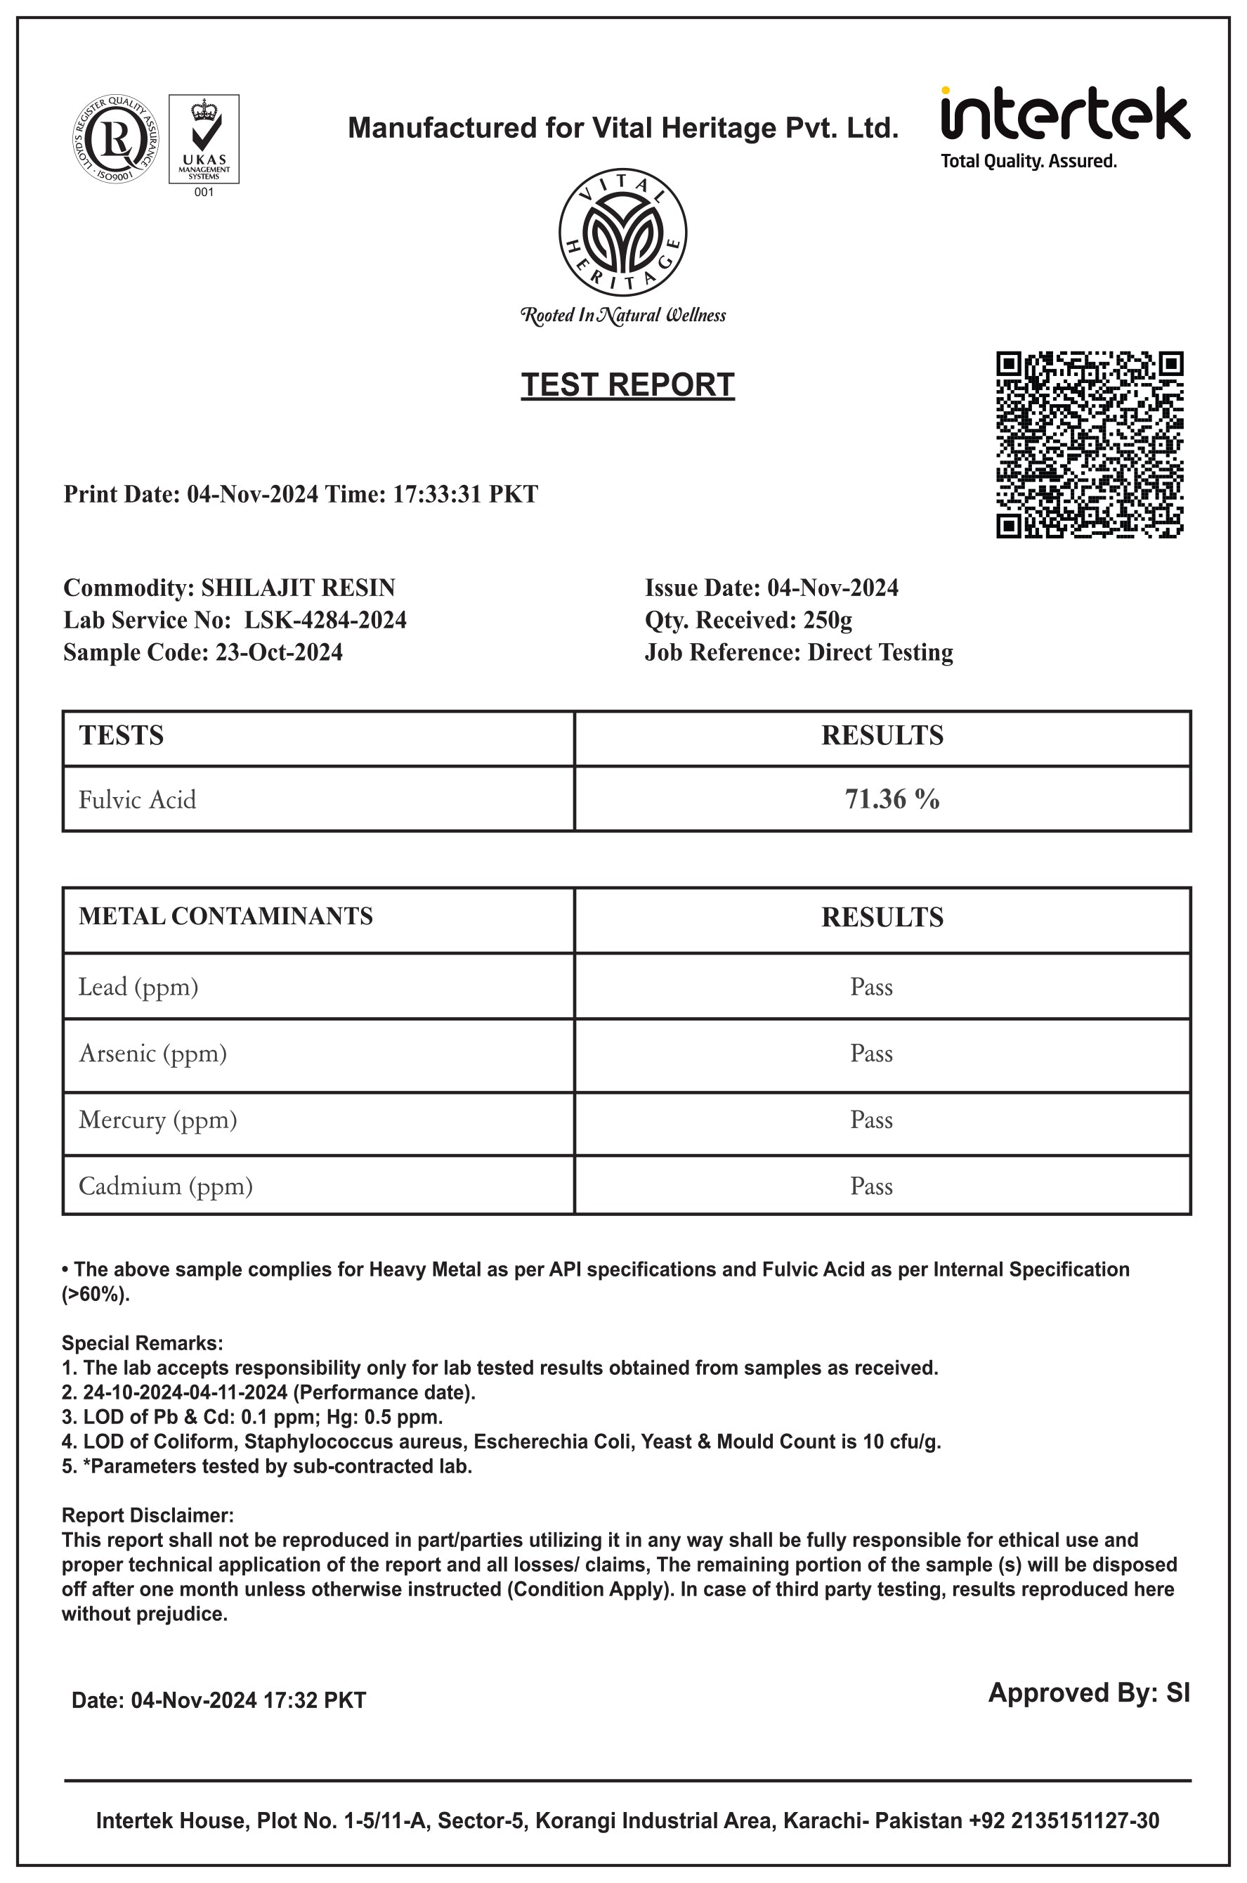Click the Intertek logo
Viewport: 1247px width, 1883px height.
(x=1065, y=127)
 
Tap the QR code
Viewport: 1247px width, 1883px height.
(x=1090, y=444)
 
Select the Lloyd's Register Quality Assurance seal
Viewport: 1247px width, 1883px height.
(x=115, y=139)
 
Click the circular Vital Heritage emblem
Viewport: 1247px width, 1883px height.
(x=622, y=232)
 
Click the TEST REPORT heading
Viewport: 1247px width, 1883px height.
(x=627, y=385)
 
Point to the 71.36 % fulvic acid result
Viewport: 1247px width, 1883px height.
(x=892, y=798)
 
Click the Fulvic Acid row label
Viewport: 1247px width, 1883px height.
(x=137, y=799)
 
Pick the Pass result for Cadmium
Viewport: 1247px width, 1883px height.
(x=872, y=1186)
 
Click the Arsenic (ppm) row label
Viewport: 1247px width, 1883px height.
(x=152, y=1054)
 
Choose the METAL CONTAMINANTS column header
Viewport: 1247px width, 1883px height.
(x=225, y=917)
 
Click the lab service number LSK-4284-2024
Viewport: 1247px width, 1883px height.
(x=325, y=620)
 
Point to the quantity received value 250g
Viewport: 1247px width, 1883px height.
(x=827, y=620)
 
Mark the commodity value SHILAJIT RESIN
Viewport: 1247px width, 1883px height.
(x=299, y=588)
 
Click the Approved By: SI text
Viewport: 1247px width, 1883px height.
(x=1089, y=1692)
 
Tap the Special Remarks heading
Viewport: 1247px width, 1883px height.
(x=143, y=1342)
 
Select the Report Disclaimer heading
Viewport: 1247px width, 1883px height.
(x=148, y=1515)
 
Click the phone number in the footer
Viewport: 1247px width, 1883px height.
(x=1064, y=1820)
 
